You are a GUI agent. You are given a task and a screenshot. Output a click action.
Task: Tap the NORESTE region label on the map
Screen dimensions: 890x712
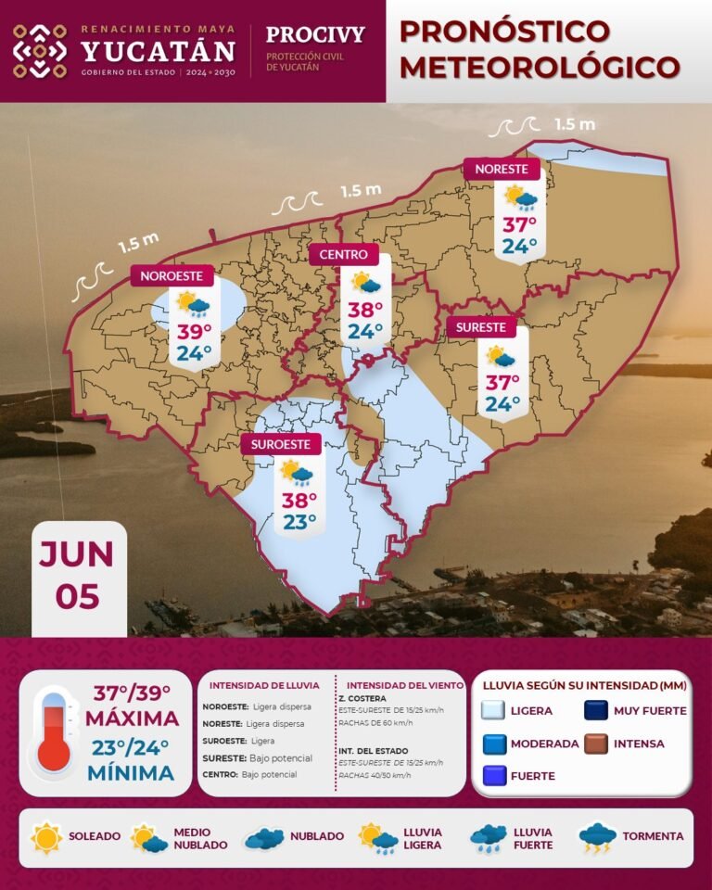click(502, 169)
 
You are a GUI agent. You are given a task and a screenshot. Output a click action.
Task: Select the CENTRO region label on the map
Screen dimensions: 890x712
click(344, 255)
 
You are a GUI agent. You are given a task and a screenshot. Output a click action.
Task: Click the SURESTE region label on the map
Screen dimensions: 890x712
click(481, 327)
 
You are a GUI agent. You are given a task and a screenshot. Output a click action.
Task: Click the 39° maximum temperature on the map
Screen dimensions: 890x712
click(194, 332)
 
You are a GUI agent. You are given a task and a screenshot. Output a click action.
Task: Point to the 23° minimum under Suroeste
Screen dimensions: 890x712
click(299, 522)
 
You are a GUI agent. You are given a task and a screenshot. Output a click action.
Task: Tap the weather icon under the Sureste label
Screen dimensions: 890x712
click(502, 357)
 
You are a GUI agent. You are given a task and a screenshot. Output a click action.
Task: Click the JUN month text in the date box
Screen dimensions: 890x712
click(77, 554)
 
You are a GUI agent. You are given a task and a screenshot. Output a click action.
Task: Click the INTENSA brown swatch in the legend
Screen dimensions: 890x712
click(595, 744)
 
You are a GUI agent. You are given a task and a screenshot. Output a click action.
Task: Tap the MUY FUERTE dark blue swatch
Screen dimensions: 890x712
click(595, 711)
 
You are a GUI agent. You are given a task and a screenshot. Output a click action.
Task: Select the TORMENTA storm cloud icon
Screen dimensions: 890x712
click(598, 838)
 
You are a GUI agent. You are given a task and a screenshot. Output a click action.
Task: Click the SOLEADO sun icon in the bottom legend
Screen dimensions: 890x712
click(46, 837)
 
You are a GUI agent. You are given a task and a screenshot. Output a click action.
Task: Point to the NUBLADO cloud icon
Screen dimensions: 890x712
click(263, 838)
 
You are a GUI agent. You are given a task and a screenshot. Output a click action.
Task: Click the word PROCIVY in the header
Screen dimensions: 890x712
click(315, 35)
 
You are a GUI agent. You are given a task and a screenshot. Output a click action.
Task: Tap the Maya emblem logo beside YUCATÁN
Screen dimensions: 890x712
click(40, 51)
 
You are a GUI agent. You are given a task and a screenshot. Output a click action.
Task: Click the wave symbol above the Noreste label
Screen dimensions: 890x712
click(517, 126)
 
